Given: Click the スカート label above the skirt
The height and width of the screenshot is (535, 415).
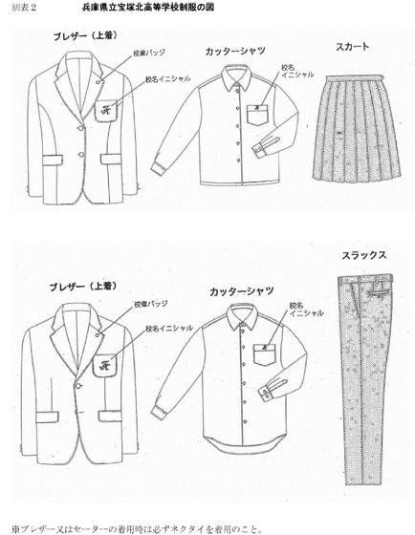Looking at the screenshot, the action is (352, 47).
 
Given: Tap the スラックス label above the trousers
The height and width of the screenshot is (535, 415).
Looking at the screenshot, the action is (364, 255).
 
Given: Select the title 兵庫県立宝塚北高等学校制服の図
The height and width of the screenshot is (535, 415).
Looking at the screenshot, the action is (148, 8).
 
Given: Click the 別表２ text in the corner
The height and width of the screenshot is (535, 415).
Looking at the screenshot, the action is (24, 8).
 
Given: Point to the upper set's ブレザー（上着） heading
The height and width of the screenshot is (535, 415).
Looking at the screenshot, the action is (85, 36).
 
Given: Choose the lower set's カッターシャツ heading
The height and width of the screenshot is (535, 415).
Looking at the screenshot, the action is (242, 291).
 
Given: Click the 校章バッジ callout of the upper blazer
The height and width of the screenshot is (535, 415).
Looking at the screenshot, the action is (149, 53).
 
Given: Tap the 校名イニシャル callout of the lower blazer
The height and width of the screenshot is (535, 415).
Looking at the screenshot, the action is (169, 329).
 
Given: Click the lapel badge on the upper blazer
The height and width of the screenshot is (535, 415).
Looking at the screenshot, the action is (98, 82).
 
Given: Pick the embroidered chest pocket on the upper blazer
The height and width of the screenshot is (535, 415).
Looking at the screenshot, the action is (106, 111).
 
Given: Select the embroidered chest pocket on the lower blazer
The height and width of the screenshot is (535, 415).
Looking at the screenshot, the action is (104, 366).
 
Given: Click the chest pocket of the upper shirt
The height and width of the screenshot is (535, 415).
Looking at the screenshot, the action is (258, 115).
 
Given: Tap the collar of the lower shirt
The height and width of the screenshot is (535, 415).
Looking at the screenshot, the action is (243, 317).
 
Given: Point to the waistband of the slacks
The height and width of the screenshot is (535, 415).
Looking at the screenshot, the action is (365, 278).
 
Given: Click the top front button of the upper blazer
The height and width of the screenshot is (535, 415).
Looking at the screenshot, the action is (80, 128).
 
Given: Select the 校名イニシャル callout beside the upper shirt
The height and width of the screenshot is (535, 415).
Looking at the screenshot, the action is (297, 71).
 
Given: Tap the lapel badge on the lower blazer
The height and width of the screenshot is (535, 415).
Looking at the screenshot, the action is (98, 334).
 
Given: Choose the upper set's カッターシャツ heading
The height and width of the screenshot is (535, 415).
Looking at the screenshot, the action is (235, 52).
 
